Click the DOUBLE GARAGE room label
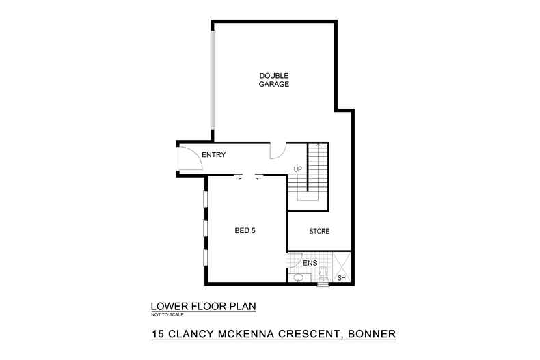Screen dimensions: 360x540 tap(273, 80)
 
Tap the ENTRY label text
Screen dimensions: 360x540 tap(213, 155)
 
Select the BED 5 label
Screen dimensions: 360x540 tap(245, 231)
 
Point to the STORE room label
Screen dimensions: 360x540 tap(319, 232)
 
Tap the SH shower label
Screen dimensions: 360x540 tap(342, 277)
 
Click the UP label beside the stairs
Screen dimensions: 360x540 tap(297, 169)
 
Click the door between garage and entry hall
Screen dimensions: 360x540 tap(278, 151)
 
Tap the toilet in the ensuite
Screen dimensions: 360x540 tap(324, 274)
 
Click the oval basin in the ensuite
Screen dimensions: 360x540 tap(296, 277)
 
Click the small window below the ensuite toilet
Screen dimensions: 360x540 tap(323, 284)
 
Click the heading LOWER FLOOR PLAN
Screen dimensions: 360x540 tap(202, 307)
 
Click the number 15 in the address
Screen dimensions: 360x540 tap(158, 335)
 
